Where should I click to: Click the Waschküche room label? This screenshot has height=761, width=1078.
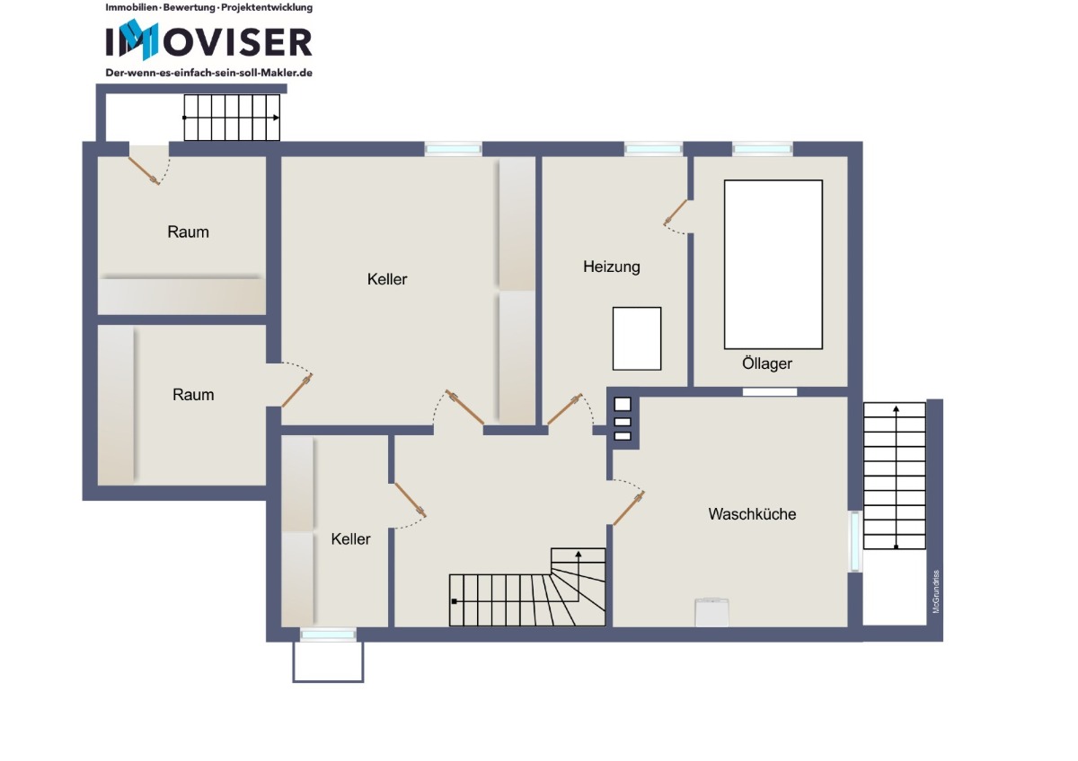click(x=752, y=514)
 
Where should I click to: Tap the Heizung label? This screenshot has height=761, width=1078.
click(x=611, y=267)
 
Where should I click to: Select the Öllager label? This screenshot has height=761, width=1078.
click(x=766, y=363)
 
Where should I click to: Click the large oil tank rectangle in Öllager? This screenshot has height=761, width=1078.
click(x=773, y=265)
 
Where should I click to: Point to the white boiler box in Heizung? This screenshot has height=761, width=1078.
click(x=637, y=338)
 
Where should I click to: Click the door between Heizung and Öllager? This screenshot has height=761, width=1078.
click(x=676, y=213)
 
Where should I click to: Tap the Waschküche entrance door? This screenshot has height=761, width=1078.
click(x=629, y=509)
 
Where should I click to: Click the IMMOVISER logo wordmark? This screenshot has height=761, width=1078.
click(x=208, y=41)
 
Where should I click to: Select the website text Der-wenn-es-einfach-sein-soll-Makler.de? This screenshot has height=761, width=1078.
click(x=208, y=73)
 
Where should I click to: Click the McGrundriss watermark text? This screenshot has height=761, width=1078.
click(x=936, y=591)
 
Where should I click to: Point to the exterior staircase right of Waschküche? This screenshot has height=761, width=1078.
click(x=894, y=476)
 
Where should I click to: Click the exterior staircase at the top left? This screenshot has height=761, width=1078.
click(x=232, y=118)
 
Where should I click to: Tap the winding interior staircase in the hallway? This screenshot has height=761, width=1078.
click(x=527, y=588)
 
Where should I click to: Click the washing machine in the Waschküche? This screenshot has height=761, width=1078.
click(x=711, y=612)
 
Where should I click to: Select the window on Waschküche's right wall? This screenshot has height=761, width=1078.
click(x=854, y=541)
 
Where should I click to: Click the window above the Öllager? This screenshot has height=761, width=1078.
click(x=763, y=149)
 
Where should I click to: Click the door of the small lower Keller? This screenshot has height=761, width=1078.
click(x=410, y=500)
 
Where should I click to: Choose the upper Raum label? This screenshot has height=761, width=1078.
click(x=188, y=232)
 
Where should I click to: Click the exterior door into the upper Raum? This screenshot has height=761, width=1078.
click(x=144, y=171)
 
